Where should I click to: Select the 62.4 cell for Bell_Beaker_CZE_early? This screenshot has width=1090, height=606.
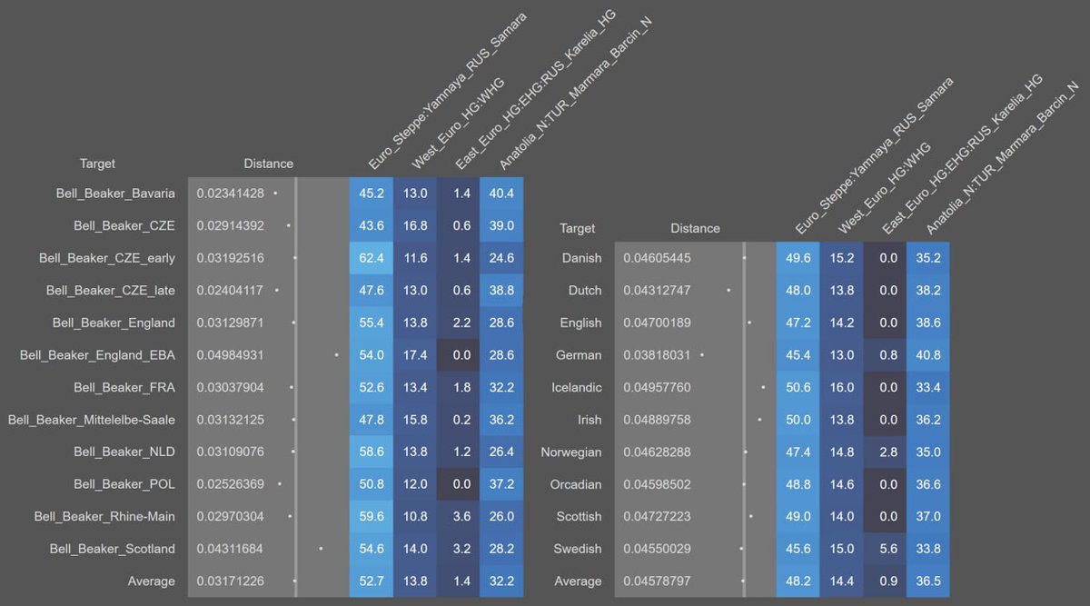click(372, 258)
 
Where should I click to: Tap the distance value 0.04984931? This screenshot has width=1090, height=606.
click(230, 354)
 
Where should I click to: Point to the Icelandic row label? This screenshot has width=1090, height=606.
click(577, 387)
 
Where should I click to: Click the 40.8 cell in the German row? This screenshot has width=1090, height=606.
click(927, 355)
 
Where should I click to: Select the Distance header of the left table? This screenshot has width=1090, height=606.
click(268, 164)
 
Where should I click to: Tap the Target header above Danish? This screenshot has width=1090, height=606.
click(578, 228)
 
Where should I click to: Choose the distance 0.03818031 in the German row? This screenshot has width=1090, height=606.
click(657, 355)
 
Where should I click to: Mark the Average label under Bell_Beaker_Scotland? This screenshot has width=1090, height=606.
click(151, 581)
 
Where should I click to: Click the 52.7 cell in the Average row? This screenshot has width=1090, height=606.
click(372, 581)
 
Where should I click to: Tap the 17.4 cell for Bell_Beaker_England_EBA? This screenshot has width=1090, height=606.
click(415, 354)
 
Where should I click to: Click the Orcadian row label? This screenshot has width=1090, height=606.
click(577, 484)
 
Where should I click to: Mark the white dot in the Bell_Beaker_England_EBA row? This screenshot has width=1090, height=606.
click(336, 354)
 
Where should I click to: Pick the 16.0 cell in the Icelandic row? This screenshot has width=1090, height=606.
click(842, 387)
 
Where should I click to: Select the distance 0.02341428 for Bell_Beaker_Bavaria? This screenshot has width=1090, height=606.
click(230, 194)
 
